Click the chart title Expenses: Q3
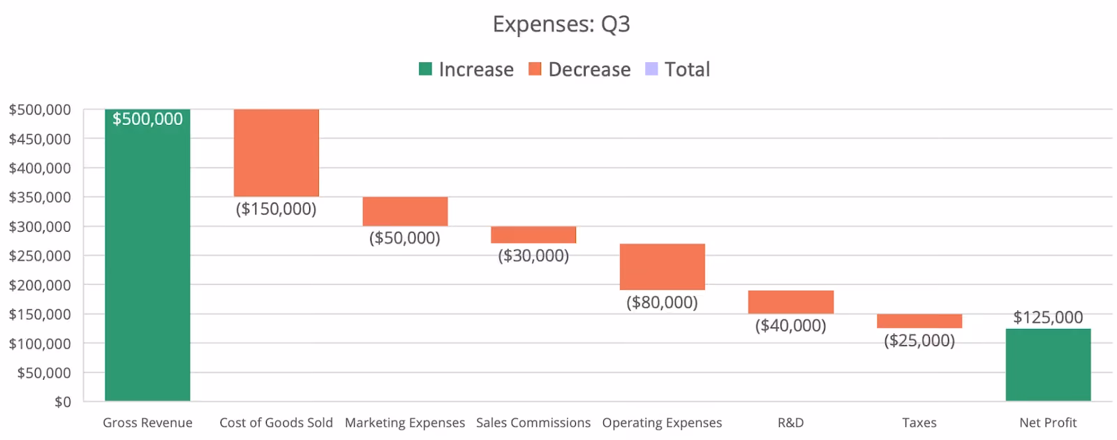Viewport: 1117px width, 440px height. pos(561,24)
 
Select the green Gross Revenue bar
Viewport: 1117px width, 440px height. pos(147,255)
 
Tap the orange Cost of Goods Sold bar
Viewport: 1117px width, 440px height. pos(276,153)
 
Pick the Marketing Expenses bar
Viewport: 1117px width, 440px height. pos(405,212)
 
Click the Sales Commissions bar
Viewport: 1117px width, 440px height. pos(533,235)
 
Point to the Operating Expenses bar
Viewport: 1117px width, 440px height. pos(663,267)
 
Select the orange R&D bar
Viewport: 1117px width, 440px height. pos(791,302)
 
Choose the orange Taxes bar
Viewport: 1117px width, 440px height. pos(919,321)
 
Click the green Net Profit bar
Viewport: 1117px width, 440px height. pos(1048,365)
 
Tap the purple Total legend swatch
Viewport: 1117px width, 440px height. pos(651,69)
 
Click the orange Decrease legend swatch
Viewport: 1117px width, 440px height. pos(535,69)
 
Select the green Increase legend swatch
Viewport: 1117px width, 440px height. pos(425,69)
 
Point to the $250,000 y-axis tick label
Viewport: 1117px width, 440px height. pos(40,256)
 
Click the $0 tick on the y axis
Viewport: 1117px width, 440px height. pos(63,402)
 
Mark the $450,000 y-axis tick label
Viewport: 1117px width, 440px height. pos(40,139)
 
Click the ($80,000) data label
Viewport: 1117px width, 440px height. pos(663,302)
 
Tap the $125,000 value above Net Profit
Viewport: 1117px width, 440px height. pos(1048,317)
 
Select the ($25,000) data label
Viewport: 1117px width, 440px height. pos(919,341)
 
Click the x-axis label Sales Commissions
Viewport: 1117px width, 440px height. pos(533,423)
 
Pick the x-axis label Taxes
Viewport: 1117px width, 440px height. pos(919,423)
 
